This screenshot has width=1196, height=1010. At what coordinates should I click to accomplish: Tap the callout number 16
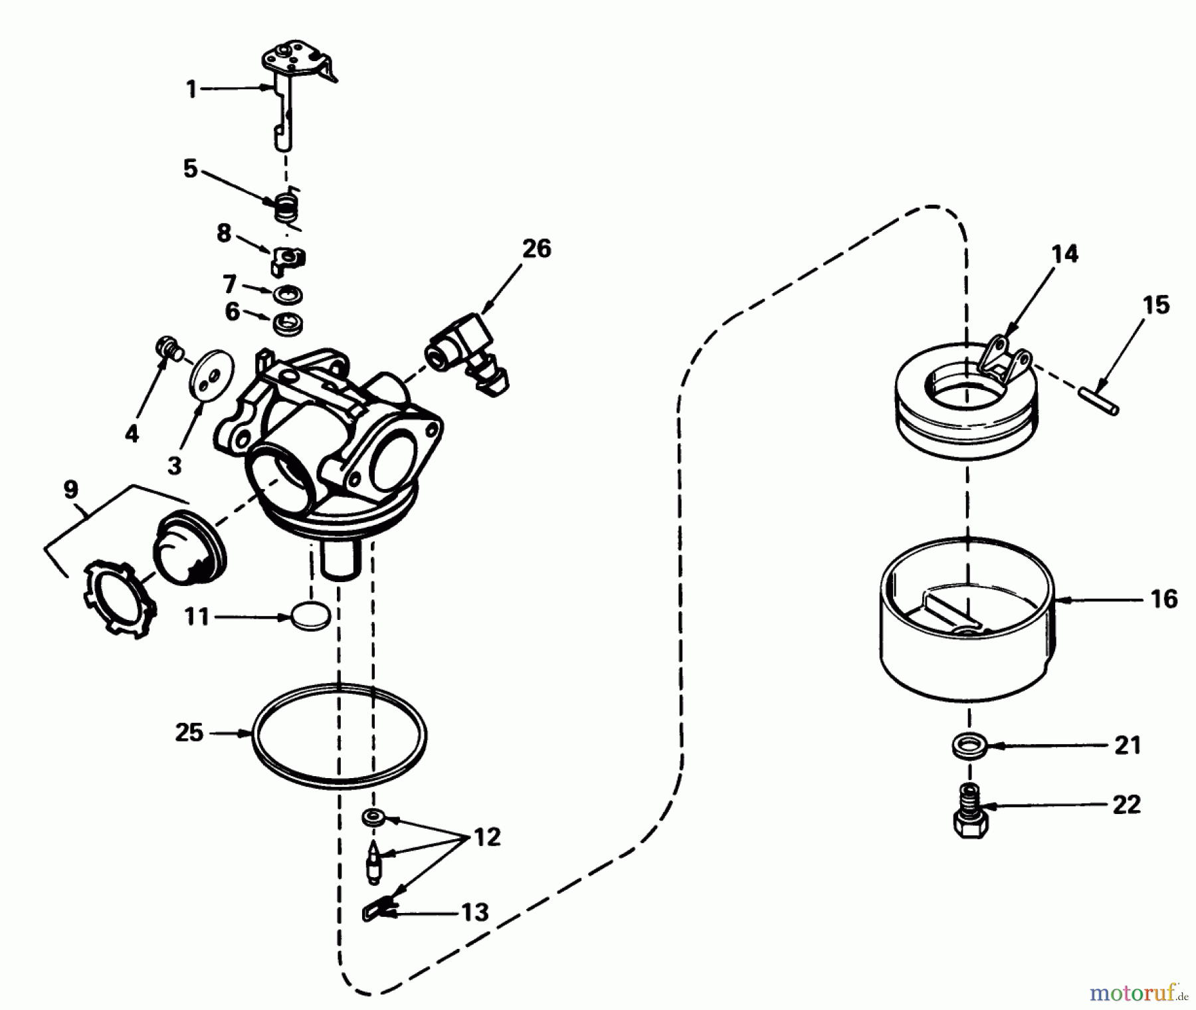(x=1163, y=599)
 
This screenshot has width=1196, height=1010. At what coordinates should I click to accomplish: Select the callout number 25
(x=189, y=733)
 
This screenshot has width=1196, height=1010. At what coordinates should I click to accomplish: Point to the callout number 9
(x=70, y=490)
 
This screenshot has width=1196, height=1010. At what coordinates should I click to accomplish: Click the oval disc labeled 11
(x=310, y=617)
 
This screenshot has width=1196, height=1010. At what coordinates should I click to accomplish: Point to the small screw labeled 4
(x=170, y=348)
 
